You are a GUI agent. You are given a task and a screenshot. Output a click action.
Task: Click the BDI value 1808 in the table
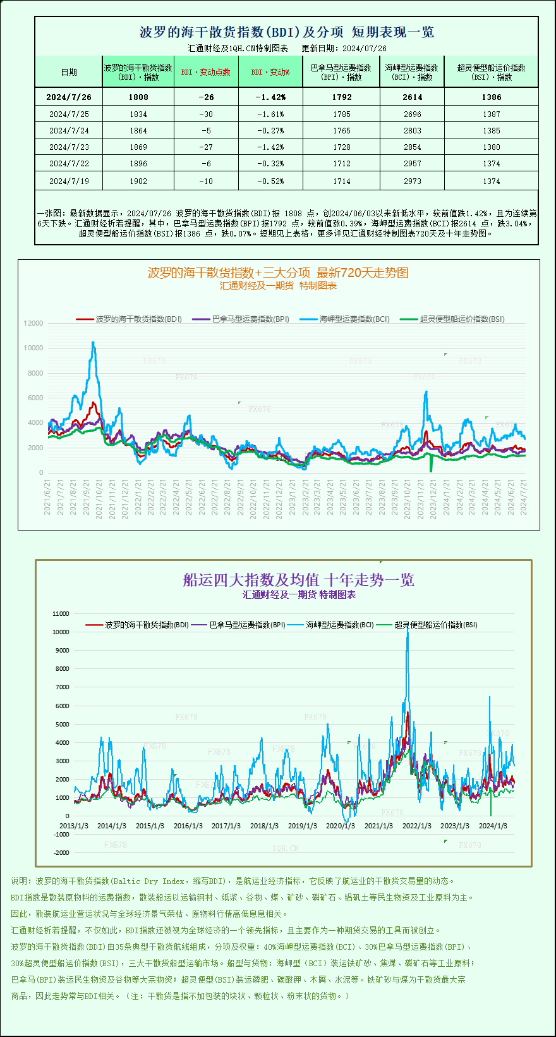tap(138, 97)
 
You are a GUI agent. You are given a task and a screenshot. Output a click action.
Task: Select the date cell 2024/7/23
tap(69, 147)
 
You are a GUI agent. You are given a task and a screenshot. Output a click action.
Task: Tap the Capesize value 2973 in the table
tap(412, 181)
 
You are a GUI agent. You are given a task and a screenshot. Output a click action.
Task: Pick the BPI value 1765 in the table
tap(341, 131)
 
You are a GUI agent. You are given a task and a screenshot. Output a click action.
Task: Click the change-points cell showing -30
tap(206, 114)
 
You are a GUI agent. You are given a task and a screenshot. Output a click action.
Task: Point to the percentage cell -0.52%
tap(270, 181)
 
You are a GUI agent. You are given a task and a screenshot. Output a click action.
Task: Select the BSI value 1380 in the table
tap(491, 147)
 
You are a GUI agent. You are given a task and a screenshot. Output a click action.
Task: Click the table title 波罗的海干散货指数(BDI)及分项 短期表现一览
tap(286, 32)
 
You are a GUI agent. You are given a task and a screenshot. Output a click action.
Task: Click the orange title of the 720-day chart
tap(278, 273)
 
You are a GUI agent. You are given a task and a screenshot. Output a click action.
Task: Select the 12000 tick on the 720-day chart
tap(33, 323)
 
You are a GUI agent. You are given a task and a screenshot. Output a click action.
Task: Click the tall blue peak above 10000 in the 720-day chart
tap(94, 343)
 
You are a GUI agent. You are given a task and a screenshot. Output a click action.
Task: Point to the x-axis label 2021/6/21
tap(48, 497)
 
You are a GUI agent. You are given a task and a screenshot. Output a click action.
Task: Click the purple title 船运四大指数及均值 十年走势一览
tap(298, 580)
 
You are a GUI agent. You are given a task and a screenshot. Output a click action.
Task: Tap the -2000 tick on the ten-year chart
tap(61, 853)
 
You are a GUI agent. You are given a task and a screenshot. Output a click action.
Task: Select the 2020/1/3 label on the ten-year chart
tap(341, 826)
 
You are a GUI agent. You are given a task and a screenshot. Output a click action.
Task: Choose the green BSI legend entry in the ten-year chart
tap(436, 625)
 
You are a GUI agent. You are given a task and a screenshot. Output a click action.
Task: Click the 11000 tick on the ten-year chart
tap(61, 613)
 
